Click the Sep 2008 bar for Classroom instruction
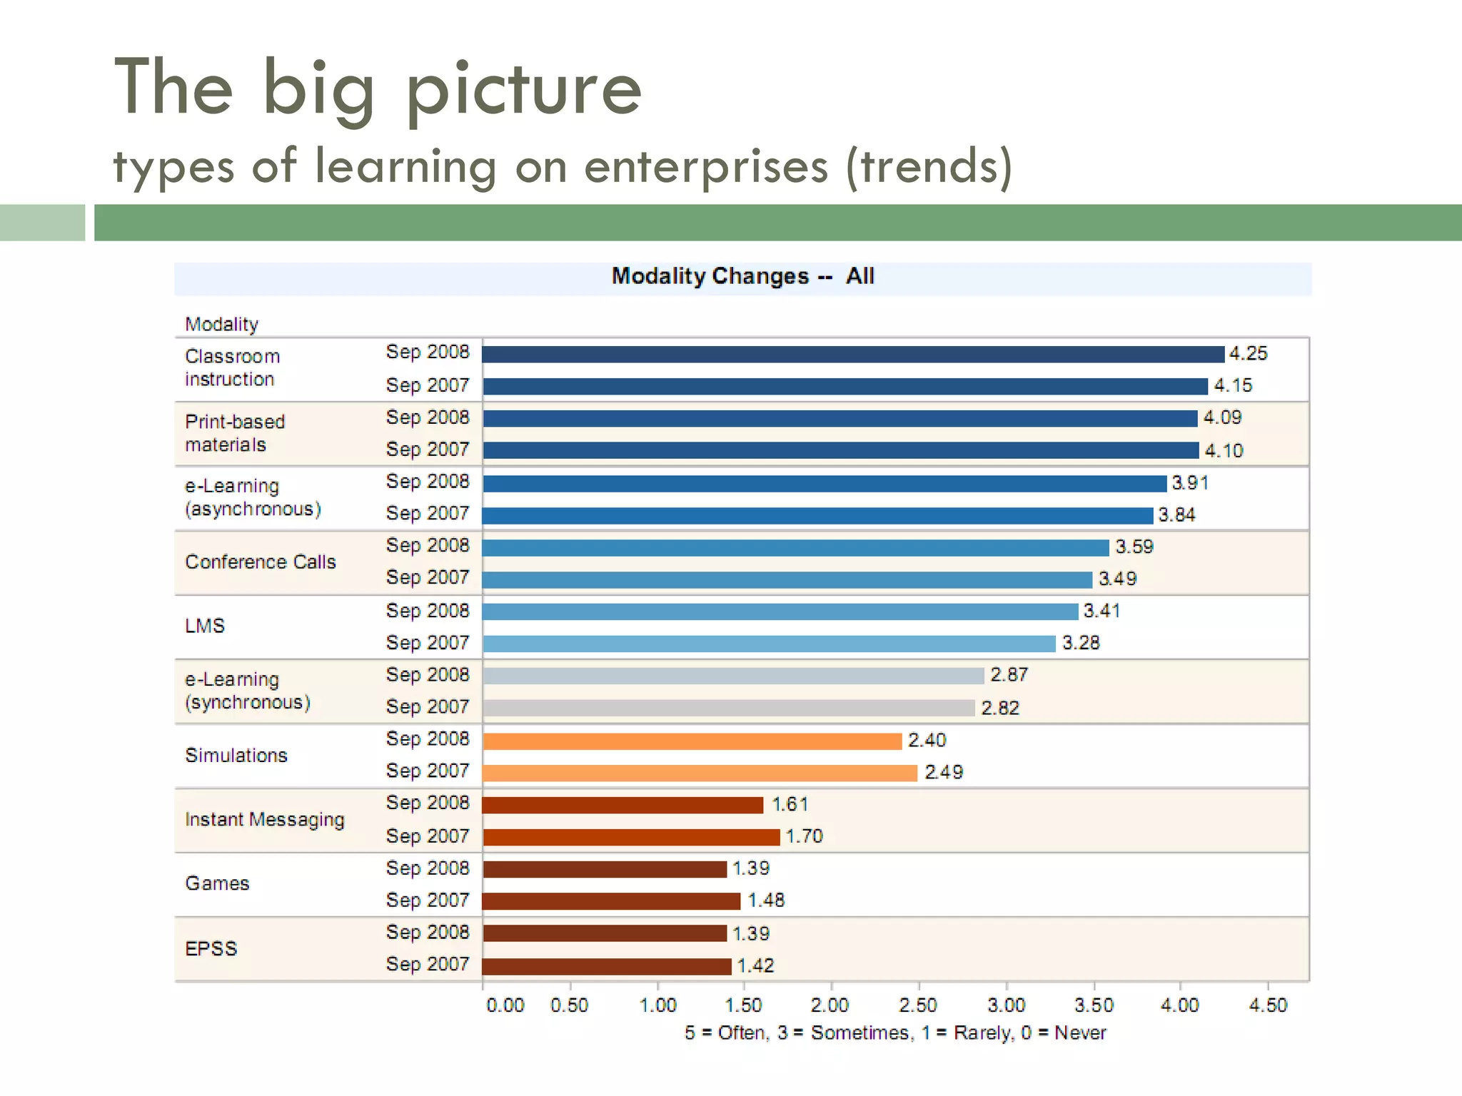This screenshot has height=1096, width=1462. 853,354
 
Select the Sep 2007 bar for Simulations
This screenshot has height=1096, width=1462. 700,773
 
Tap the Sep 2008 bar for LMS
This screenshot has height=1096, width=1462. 780,612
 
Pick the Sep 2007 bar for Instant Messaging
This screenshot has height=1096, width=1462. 631,836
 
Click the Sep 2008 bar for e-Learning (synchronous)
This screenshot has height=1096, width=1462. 733,676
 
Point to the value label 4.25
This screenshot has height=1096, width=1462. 1248,353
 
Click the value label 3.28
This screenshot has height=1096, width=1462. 1081,643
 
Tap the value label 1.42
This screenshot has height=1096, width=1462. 755,965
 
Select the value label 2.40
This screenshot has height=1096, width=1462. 927,740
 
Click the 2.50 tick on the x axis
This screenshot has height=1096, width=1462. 917,1005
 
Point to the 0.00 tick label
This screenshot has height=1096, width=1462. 505,1005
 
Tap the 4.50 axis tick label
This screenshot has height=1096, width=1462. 1268,1005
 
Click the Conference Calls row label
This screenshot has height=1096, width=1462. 260,562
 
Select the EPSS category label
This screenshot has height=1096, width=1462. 211,948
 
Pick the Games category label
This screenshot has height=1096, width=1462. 217,883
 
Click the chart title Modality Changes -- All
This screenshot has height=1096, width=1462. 742,276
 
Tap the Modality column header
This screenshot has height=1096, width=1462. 221,324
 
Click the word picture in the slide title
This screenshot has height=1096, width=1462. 524,88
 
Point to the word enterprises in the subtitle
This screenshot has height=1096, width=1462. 706,166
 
